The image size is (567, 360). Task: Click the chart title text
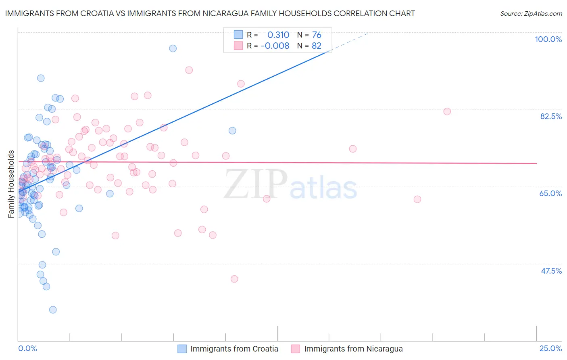pyautogui.click(x=210, y=13)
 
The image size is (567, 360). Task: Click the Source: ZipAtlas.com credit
pyautogui.click(x=531, y=13)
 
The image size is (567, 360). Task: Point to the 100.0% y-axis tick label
pyautogui.click(x=548, y=39)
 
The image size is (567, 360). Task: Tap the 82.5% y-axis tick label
pyautogui.click(x=551, y=116)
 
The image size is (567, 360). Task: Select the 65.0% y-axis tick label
pyautogui.click(x=550, y=193)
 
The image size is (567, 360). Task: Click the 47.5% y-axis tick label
pyautogui.click(x=551, y=271)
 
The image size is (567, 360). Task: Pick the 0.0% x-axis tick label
pyautogui.click(x=27, y=348)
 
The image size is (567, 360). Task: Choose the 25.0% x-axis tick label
pyautogui.click(x=550, y=348)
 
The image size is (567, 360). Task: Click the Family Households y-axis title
pyautogui.click(x=11, y=184)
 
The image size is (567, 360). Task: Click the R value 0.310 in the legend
pyautogui.click(x=278, y=35)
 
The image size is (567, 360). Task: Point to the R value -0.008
pyautogui.click(x=275, y=46)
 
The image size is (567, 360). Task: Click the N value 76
pyautogui.click(x=317, y=35)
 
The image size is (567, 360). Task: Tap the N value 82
pyautogui.click(x=317, y=46)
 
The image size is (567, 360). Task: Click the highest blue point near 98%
pyautogui.click(x=173, y=48)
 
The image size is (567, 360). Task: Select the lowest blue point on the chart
pyautogui.click(x=53, y=310)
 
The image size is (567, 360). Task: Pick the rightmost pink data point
pyautogui.click(x=447, y=111)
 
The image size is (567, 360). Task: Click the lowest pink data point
pyautogui.click(x=234, y=279)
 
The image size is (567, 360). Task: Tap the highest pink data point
pyautogui.click(x=189, y=70)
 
